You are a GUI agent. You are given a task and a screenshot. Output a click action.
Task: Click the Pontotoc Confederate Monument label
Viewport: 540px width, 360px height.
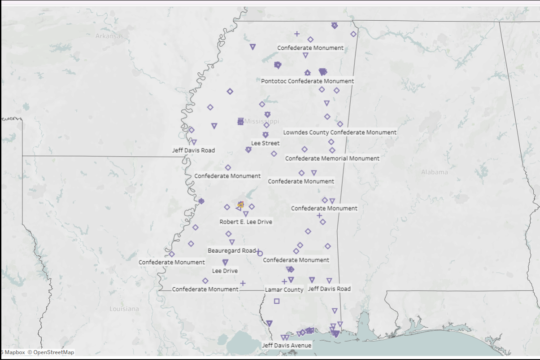pyautogui.click(x=308, y=81)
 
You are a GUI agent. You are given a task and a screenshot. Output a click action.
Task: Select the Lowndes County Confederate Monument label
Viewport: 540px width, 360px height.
pyautogui.click(x=340, y=132)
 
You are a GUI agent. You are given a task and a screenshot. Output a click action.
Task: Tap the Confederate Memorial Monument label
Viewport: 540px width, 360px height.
pyautogui.click(x=332, y=158)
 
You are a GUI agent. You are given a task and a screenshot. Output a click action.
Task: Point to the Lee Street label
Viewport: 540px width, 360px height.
pyautogui.click(x=265, y=143)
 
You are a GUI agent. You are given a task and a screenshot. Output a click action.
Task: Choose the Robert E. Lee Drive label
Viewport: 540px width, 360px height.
pyautogui.click(x=245, y=222)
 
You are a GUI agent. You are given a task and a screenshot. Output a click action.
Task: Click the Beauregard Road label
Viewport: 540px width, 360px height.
pyautogui.click(x=231, y=250)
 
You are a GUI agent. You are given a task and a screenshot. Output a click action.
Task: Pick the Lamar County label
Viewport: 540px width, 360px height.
pyautogui.click(x=284, y=290)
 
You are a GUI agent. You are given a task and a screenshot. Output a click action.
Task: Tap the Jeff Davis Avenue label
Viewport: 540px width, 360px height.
pyautogui.click(x=287, y=346)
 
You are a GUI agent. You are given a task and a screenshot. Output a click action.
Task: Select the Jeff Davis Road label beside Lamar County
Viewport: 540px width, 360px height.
pyautogui.click(x=329, y=289)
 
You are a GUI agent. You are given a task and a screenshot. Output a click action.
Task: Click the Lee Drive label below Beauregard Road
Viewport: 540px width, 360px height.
pyautogui.click(x=225, y=271)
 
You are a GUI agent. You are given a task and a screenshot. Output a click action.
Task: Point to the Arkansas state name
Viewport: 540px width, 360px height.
pyautogui.click(x=109, y=36)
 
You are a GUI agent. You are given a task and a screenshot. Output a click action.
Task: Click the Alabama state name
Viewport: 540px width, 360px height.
pyautogui.click(x=434, y=172)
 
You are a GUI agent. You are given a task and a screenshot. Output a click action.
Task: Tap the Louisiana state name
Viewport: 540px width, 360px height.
pyautogui.click(x=124, y=309)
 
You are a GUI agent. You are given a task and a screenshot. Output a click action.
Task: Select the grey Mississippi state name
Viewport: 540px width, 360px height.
pyautogui.click(x=262, y=121)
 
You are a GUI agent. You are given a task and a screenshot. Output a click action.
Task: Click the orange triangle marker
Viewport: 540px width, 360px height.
pyautogui.click(x=240, y=205)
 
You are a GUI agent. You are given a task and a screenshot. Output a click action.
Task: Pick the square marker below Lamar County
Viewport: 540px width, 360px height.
pyautogui.click(x=277, y=301)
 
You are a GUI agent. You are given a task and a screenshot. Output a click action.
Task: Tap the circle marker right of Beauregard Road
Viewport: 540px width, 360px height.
pyautogui.click(x=260, y=253)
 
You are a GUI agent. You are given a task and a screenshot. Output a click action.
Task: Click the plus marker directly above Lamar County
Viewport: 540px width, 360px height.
pyautogui.click(x=284, y=281)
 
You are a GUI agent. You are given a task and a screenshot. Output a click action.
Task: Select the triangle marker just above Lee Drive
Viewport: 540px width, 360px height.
pyautogui.click(x=225, y=263)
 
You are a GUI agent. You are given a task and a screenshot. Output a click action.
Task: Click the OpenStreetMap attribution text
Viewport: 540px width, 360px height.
pyautogui.click(x=51, y=352)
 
